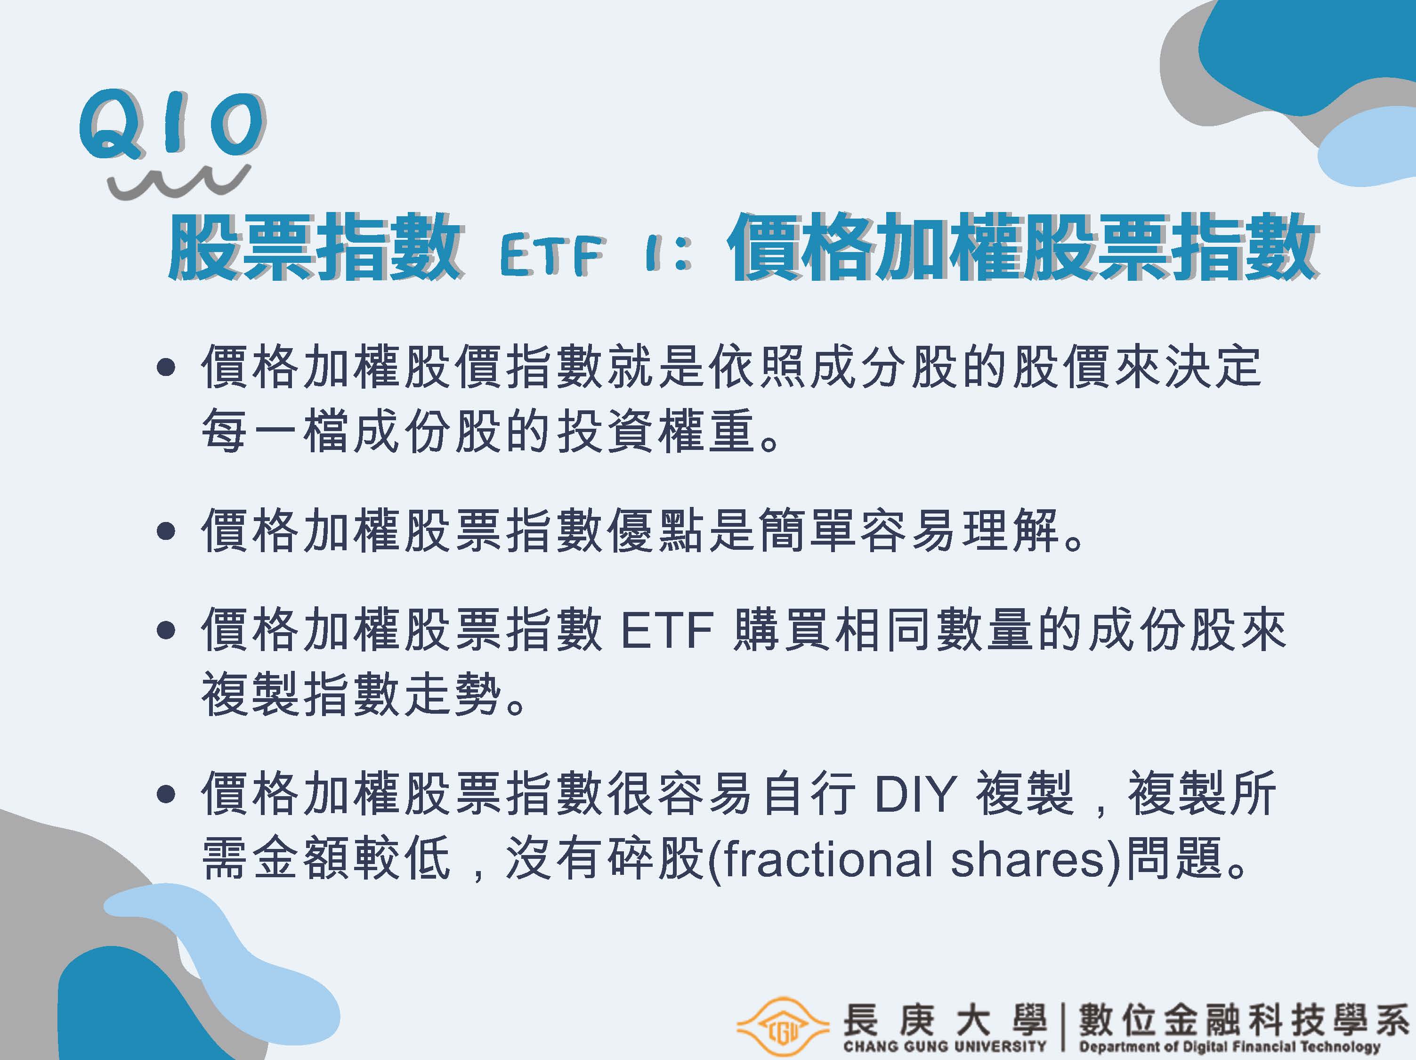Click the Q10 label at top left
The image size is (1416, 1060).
click(x=171, y=123)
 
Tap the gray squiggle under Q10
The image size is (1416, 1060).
click(x=178, y=180)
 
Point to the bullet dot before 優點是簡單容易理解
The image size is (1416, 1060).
click(x=166, y=531)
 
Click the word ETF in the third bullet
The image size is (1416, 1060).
click(x=666, y=631)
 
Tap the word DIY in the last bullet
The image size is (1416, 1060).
click(x=915, y=795)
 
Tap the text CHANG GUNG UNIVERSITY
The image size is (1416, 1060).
click(x=944, y=1046)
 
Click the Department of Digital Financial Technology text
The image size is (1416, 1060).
click(x=1229, y=1046)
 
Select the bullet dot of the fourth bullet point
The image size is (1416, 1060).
click(x=166, y=795)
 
